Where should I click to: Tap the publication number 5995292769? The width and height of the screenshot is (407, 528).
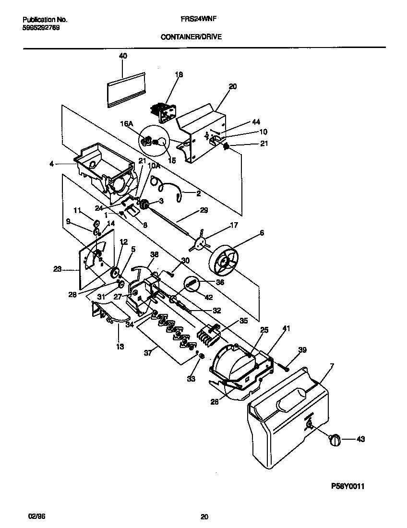point(42,27)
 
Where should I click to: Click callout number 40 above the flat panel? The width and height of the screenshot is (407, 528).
point(123,56)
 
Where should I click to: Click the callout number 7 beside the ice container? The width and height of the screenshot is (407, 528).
point(330,367)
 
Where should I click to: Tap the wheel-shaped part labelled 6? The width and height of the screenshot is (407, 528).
point(226,262)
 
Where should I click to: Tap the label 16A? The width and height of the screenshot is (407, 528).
point(127,124)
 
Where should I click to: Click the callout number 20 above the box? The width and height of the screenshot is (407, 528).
point(232,86)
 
